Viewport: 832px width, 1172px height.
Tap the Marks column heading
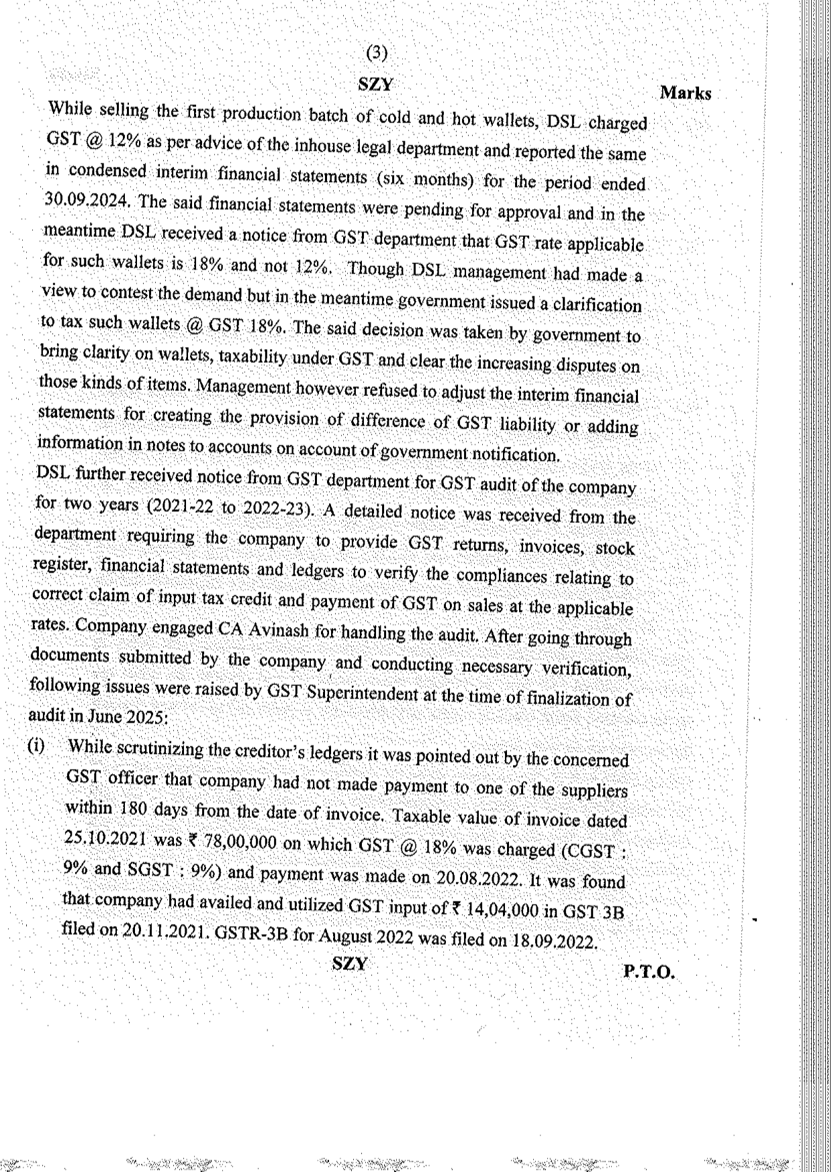[x=685, y=93]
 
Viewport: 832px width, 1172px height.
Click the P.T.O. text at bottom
[x=648, y=971]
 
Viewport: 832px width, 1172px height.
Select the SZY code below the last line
[x=350, y=964]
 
